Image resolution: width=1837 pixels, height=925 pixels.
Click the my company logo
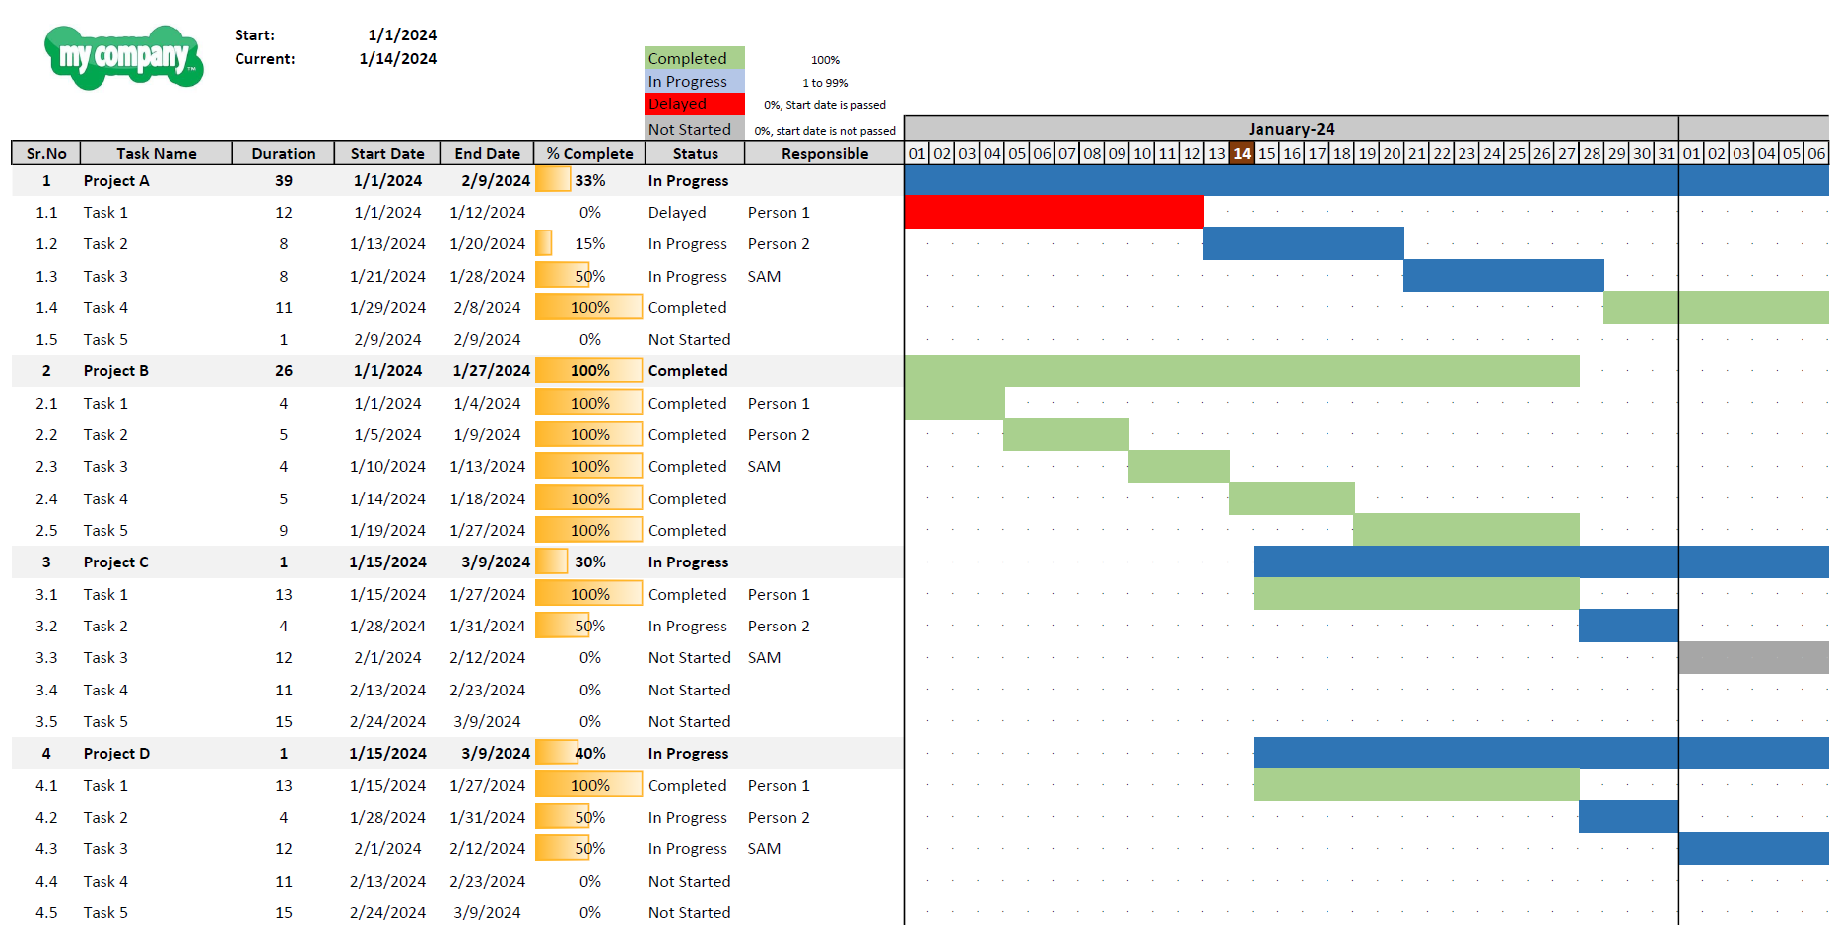tap(124, 57)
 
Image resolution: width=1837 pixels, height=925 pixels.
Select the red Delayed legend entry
tap(694, 104)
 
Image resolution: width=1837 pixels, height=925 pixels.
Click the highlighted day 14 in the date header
tap(1242, 153)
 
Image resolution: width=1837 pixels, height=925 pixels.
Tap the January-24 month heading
tap(1291, 129)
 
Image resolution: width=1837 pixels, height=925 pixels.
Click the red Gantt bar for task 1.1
tap(1054, 212)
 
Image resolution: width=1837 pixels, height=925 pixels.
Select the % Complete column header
tap(589, 153)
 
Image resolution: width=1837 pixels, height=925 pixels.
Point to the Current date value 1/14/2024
tap(397, 59)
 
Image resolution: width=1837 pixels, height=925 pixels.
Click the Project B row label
tap(116, 371)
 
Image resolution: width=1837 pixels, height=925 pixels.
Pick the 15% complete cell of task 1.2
tap(589, 244)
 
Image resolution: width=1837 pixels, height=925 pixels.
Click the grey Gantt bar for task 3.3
tap(1753, 657)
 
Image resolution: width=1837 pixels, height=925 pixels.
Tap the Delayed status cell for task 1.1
tap(677, 213)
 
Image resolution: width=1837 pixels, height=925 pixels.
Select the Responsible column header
tap(825, 153)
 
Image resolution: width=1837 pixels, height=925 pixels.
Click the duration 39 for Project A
tap(284, 181)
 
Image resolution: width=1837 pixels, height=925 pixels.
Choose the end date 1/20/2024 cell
tap(487, 244)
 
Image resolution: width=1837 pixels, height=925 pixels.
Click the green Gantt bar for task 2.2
tap(1066, 434)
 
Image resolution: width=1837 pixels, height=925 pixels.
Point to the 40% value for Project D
tap(590, 754)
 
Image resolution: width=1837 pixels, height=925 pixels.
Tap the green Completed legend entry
tap(694, 59)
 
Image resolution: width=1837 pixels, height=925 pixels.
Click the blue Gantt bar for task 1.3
tap(1503, 276)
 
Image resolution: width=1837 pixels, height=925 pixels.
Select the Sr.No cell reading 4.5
tap(46, 912)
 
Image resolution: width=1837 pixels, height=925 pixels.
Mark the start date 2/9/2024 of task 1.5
tap(387, 340)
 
